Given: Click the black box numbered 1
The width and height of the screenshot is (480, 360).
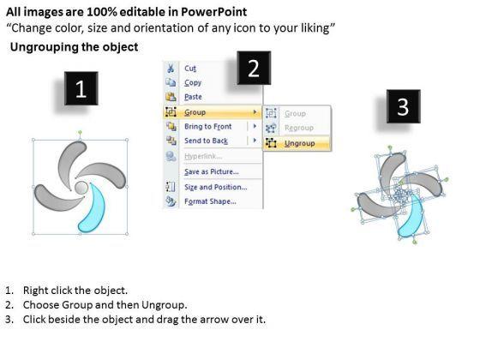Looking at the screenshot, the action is pyautogui.click(x=81, y=88).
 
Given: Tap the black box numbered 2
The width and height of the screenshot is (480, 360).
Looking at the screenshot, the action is pyautogui.click(x=254, y=68).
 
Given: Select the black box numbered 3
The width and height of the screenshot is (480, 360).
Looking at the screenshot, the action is pyautogui.click(x=403, y=106).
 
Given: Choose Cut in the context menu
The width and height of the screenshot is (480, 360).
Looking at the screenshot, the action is pyautogui.click(x=190, y=69).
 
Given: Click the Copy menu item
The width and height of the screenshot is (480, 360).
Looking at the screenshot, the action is pyautogui.click(x=193, y=82).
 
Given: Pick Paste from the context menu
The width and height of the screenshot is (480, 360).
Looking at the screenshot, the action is pyautogui.click(x=193, y=97).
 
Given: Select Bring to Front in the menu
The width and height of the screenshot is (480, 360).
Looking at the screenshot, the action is pyautogui.click(x=207, y=127).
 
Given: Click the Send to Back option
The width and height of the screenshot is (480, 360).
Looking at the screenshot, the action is pyautogui.click(x=206, y=141).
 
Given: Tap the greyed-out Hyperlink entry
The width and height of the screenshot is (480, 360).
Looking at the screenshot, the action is pyautogui.click(x=203, y=156).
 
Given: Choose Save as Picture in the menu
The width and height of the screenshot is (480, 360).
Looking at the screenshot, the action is pyautogui.click(x=211, y=171).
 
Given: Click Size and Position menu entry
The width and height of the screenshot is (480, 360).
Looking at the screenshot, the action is pyautogui.click(x=215, y=187).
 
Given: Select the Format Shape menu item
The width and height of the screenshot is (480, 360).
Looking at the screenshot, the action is pyautogui.click(x=210, y=201).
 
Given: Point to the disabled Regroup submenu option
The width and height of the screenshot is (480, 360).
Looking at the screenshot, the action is pyautogui.click(x=299, y=128).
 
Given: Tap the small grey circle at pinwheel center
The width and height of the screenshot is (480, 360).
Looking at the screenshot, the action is pyautogui.click(x=81, y=188).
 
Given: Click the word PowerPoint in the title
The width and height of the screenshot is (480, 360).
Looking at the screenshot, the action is pyautogui.click(x=213, y=12).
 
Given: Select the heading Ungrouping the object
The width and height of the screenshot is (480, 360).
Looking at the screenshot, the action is pyautogui.click(x=74, y=47).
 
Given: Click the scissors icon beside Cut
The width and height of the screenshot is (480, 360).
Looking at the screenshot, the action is pyautogui.click(x=171, y=68).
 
